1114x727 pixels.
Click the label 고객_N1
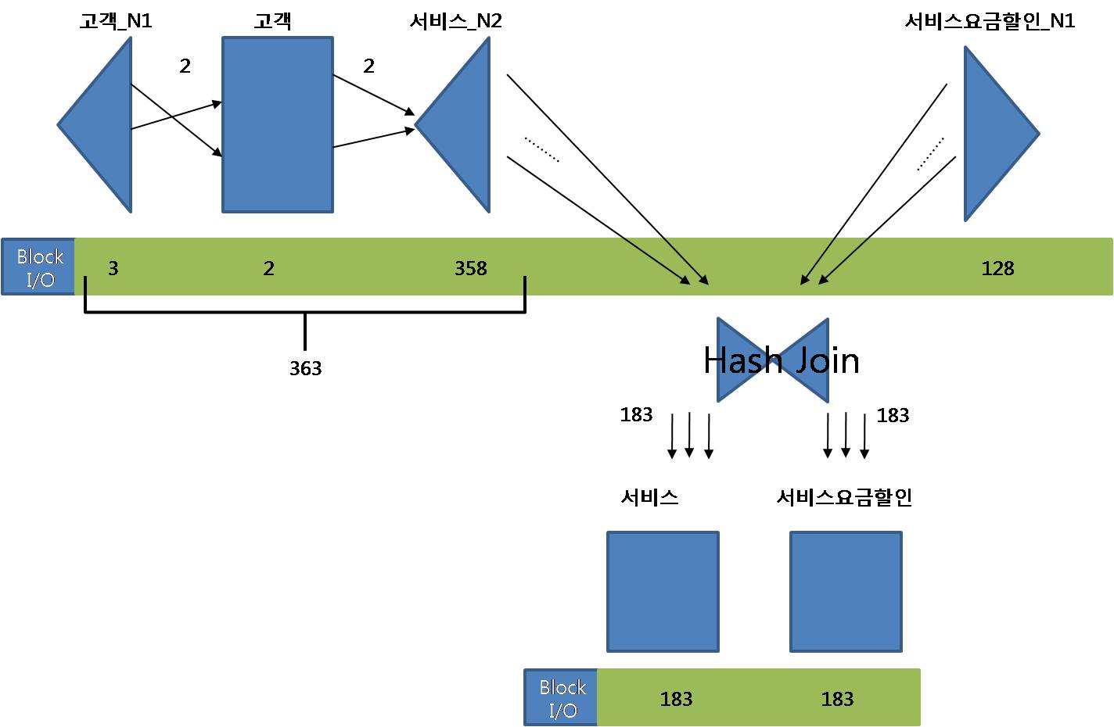(116, 21)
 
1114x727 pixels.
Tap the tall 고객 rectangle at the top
(278, 125)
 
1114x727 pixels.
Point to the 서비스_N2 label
(455, 21)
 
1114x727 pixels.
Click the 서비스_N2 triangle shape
(462, 125)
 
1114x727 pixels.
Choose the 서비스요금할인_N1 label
(990, 21)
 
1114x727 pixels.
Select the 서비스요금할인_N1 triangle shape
(994, 134)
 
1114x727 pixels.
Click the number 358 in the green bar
(471, 268)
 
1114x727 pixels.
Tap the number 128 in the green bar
(997, 268)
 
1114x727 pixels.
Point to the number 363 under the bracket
(305, 368)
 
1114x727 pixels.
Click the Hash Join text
(781, 360)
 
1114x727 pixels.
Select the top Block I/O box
(39, 267)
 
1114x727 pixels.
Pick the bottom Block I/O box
(562, 698)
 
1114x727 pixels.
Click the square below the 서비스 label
(663, 592)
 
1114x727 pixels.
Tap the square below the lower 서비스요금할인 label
(846, 592)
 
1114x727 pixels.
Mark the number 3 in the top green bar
(113, 268)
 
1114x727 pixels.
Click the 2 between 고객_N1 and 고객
(185, 66)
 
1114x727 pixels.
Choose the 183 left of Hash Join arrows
(636, 414)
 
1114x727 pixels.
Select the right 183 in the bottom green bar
(837, 699)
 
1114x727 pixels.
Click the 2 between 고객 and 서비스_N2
(369, 66)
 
